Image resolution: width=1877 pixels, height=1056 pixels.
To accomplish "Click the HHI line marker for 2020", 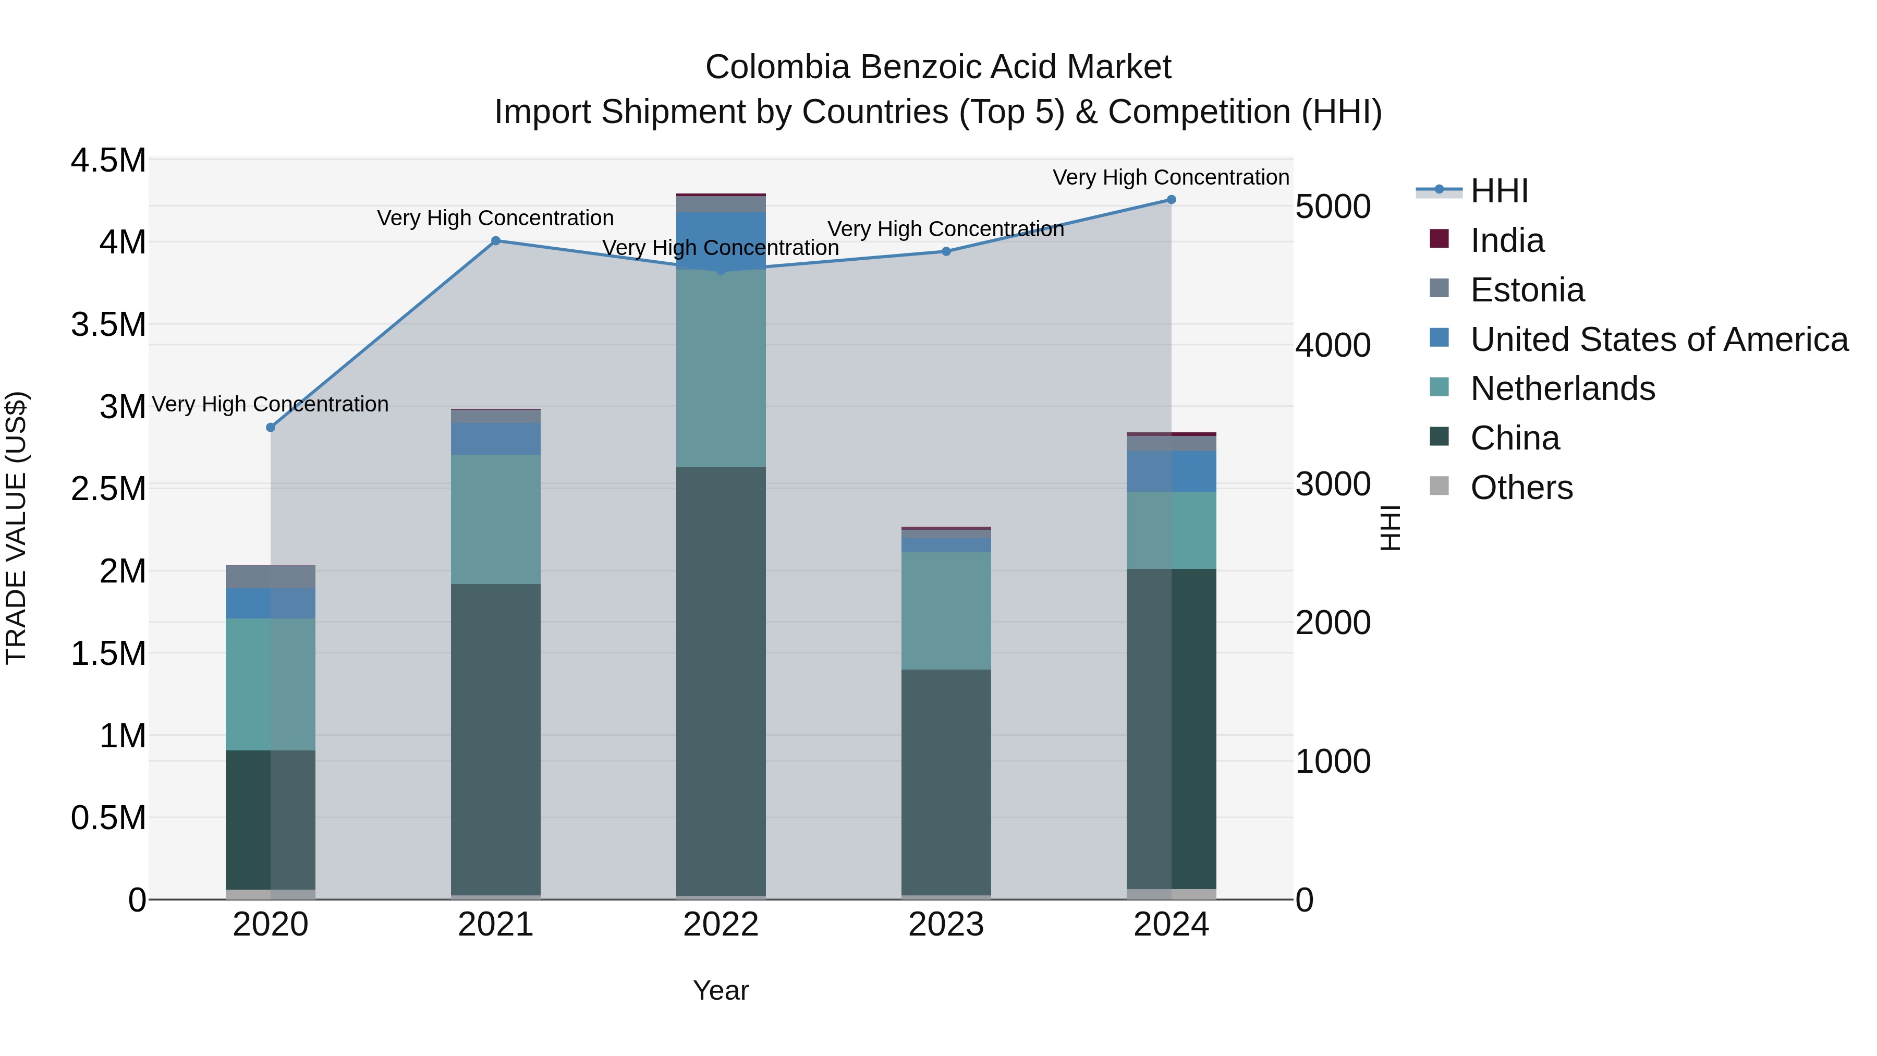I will [270, 427].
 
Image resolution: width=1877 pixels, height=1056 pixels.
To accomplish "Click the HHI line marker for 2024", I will [1171, 200].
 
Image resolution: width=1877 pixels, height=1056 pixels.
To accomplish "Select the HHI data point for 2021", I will [495, 240].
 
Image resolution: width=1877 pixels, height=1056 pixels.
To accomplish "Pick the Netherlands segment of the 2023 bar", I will [946, 611].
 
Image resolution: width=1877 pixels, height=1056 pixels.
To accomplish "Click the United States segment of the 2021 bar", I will [495, 439].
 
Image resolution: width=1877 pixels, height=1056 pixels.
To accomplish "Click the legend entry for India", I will [1506, 240].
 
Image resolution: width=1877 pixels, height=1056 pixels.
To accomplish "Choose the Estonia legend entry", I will [1527, 290].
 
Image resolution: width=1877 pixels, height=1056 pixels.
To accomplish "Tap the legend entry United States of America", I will [1659, 339].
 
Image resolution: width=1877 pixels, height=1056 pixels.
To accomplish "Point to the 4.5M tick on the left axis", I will [108, 160].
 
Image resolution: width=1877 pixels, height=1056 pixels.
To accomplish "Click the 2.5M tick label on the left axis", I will [108, 488].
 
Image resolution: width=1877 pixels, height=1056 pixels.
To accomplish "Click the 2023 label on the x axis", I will [946, 925].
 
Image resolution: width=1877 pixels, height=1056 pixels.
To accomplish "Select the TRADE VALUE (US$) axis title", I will [16, 528].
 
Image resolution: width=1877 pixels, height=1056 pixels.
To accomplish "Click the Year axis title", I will [721, 990].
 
